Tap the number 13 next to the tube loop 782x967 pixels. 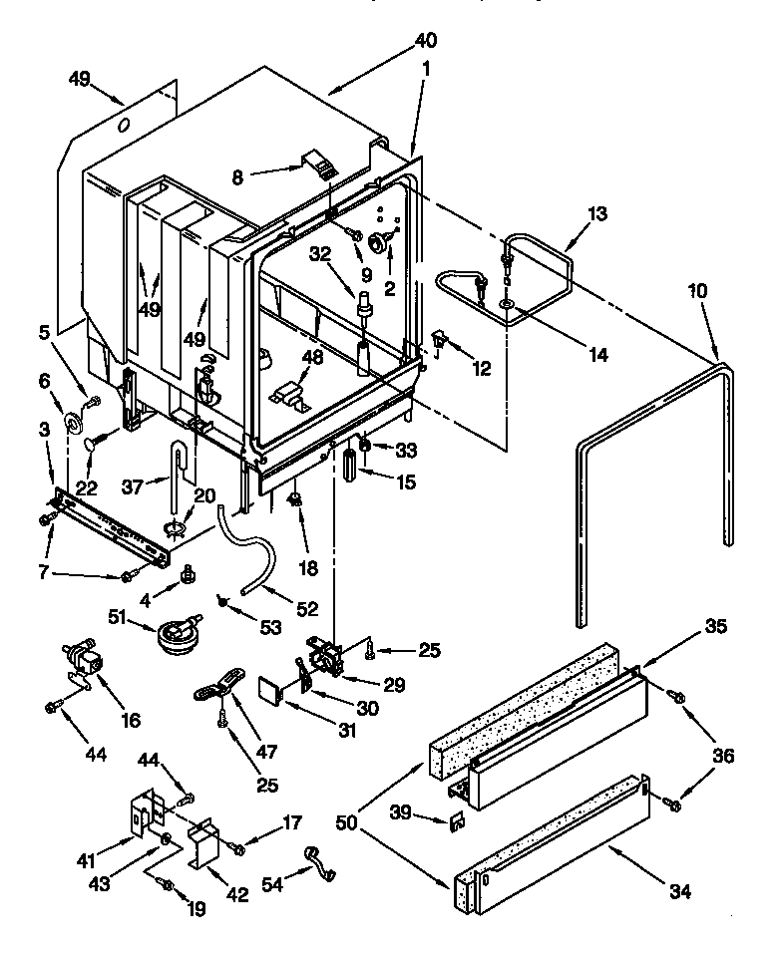(596, 214)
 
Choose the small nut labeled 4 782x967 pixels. (186, 576)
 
